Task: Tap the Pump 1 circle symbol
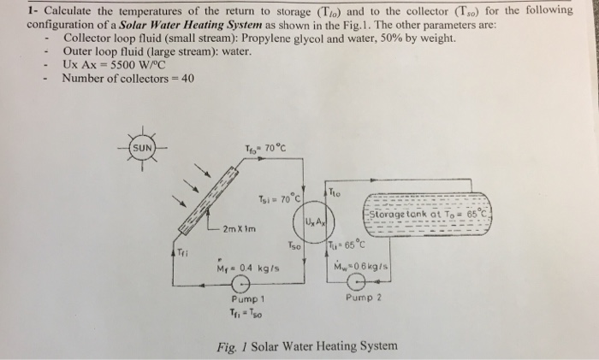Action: tap(245, 286)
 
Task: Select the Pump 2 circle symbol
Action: tap(370, 280)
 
